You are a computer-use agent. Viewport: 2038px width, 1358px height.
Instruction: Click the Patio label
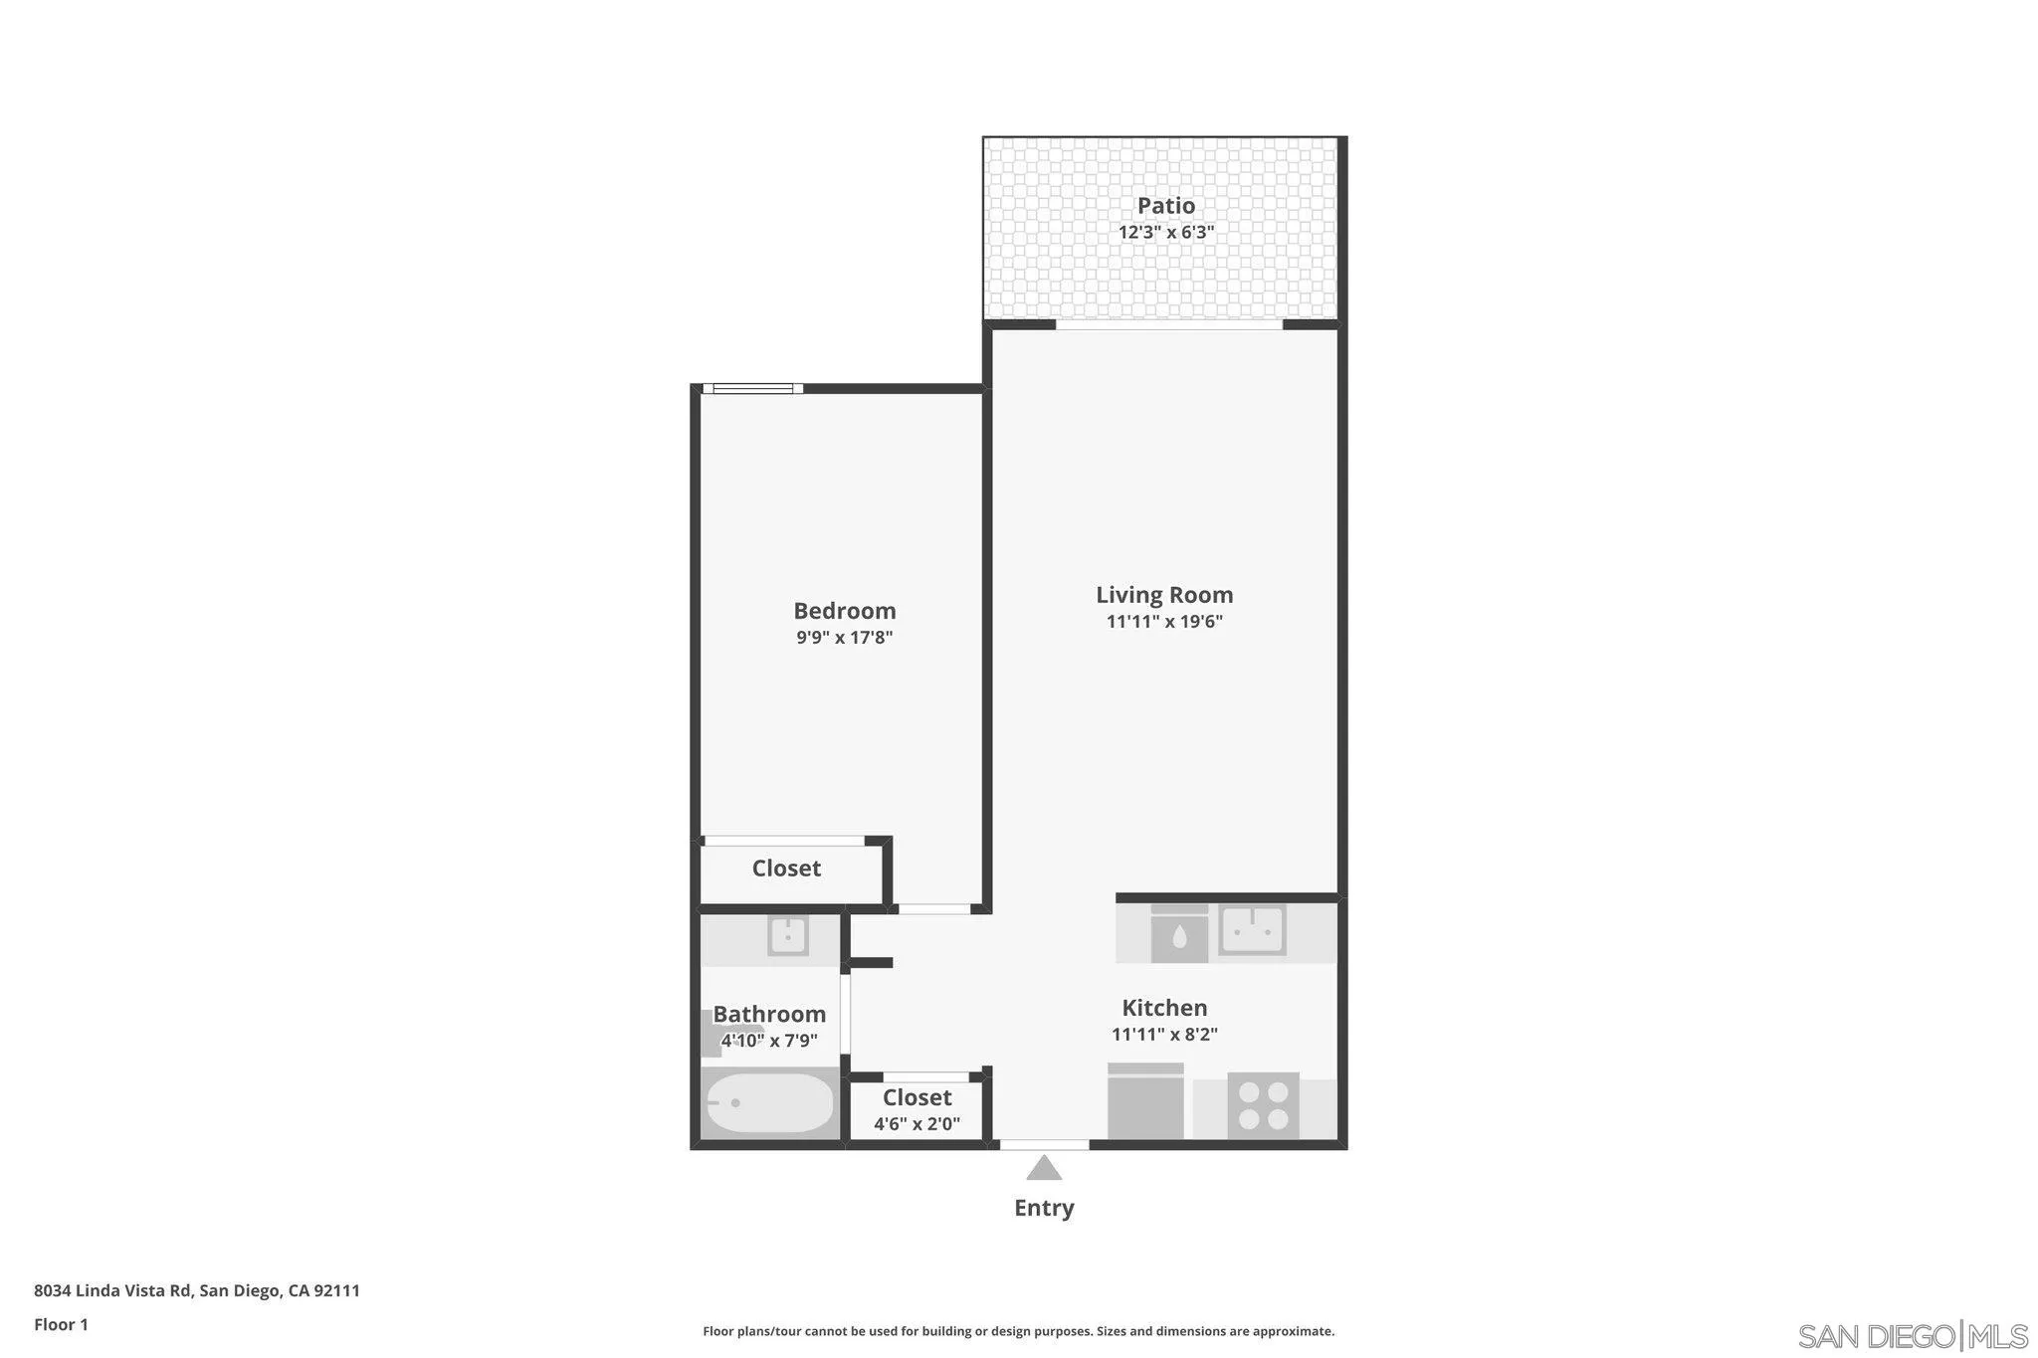(1165, 206)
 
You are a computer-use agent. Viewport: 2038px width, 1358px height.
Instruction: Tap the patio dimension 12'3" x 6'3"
(1165, 233)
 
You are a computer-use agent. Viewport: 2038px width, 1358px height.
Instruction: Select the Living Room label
(1164, 595)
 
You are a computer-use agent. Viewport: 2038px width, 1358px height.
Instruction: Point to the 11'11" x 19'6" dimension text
(1164, 622)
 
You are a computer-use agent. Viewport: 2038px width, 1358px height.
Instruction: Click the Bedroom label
(844, 611)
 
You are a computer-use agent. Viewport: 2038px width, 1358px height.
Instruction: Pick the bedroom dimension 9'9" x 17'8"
(844, 638)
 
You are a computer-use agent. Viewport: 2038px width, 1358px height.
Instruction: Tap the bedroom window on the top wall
(752, 388)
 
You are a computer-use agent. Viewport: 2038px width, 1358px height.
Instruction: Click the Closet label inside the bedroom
(786, 869)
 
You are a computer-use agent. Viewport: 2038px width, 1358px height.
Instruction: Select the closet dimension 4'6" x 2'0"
(917, 1124)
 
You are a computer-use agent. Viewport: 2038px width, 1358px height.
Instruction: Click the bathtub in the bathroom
(769, 1102)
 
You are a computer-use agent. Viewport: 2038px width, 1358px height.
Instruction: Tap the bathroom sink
(787, 936)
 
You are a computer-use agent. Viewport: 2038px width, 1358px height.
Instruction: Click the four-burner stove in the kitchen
(1263, 1105)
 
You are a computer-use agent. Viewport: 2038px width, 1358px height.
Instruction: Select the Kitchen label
(1164, 1008)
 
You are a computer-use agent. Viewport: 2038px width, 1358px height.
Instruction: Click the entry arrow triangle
(1043, 1169)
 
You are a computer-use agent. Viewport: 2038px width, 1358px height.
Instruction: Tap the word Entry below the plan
(1043, 1208)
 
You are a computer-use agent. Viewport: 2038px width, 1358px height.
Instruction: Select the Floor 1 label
(61, 1324)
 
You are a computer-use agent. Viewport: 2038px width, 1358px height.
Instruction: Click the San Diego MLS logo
(1912, 1335)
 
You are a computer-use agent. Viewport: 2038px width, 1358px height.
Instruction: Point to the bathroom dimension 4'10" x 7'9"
(769, 1041)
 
